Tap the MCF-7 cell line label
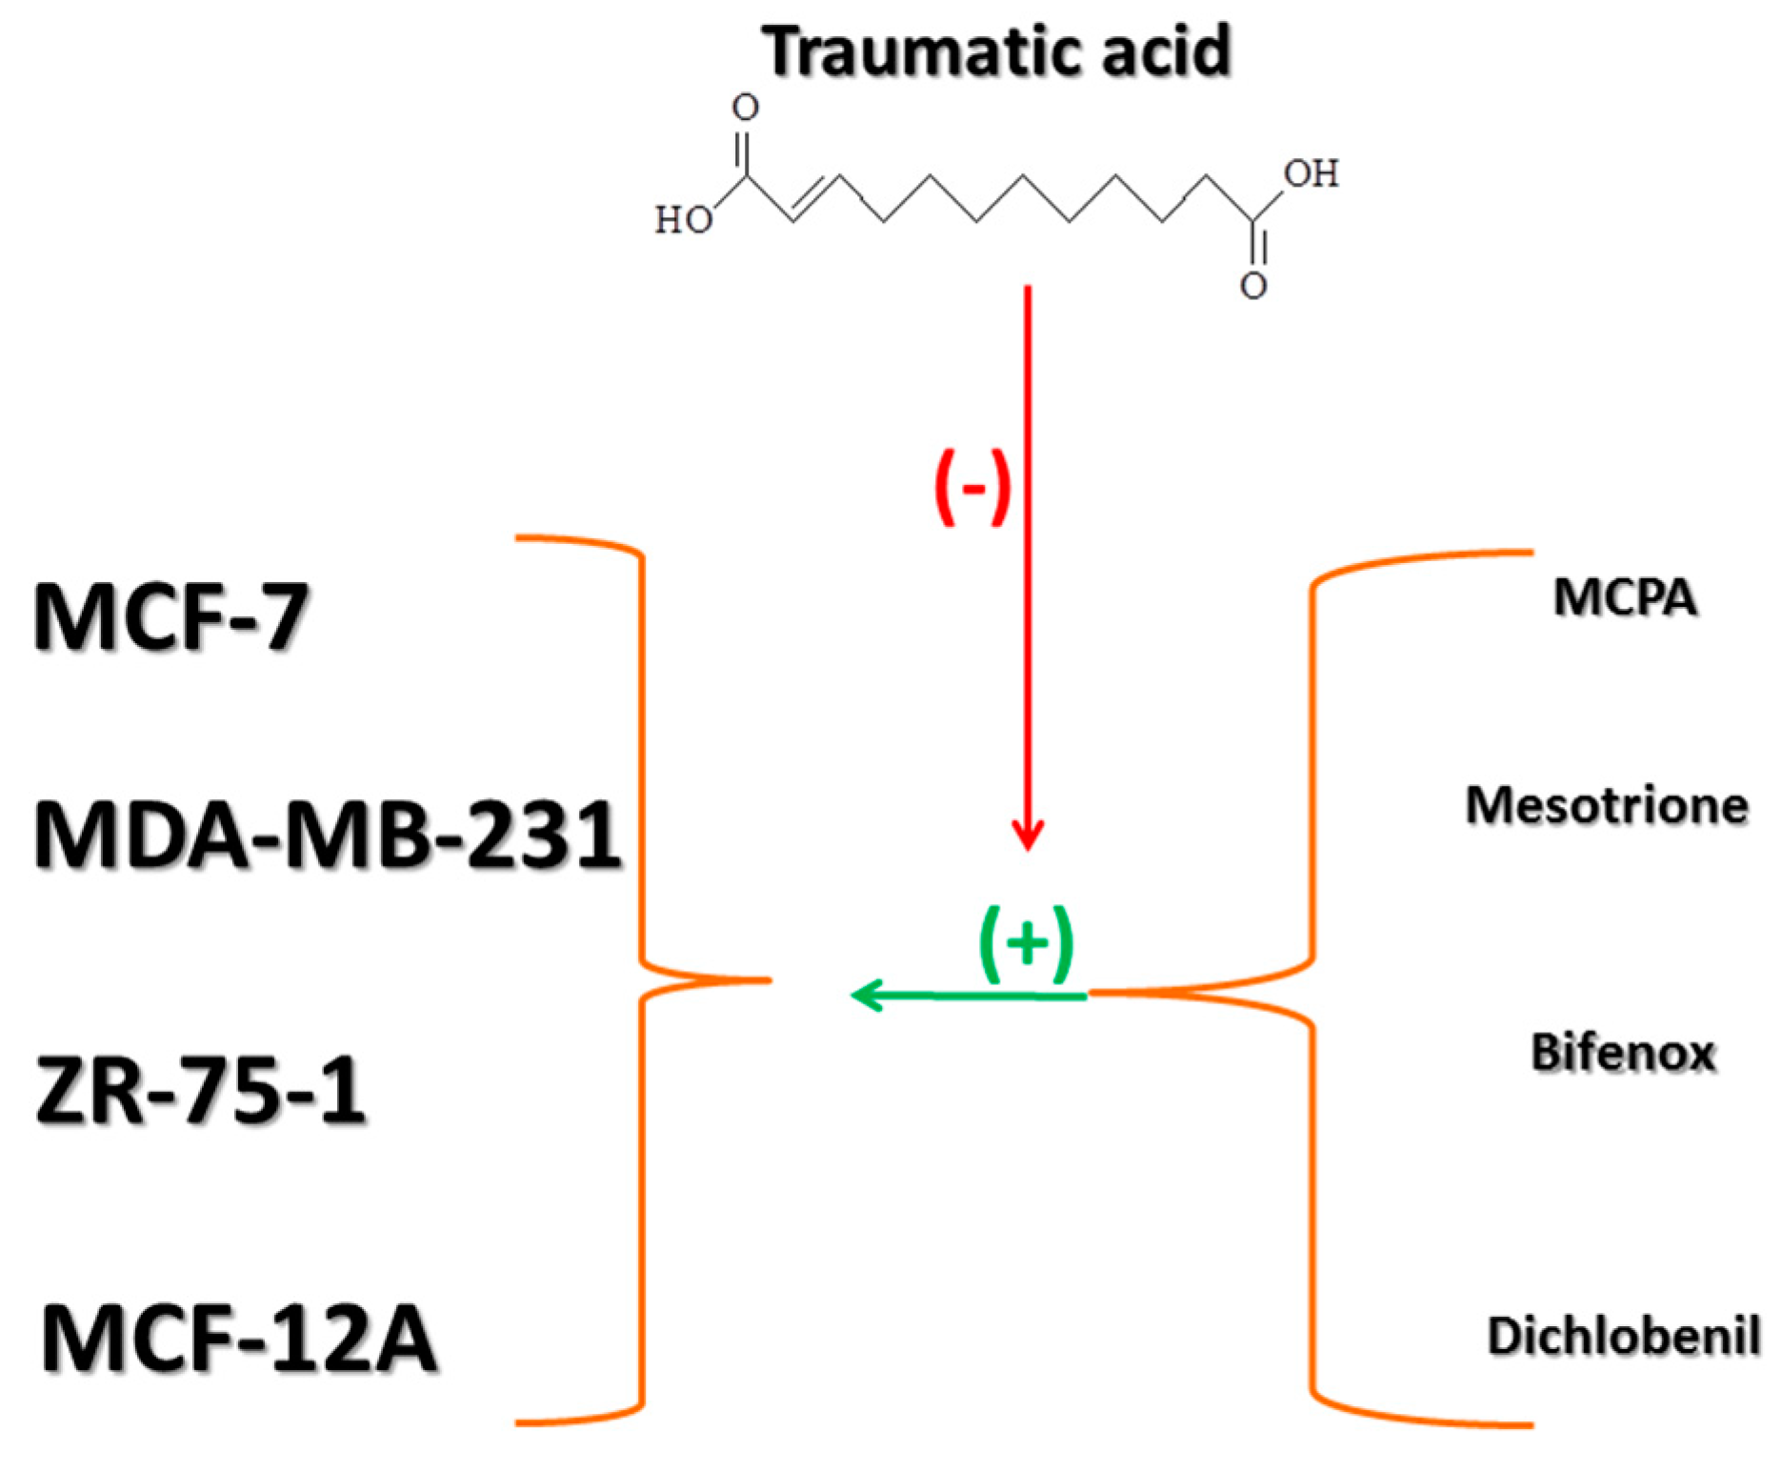171,616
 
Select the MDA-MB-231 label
328,835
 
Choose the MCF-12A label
239,1338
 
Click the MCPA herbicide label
1625,598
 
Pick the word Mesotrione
1607,805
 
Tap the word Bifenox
1623,1053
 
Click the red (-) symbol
972,487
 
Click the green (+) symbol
1027,943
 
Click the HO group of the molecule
683,220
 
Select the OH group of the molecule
1311,173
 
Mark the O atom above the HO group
745,108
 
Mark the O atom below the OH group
1253,285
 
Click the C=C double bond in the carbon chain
815,197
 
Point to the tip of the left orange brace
768,979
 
